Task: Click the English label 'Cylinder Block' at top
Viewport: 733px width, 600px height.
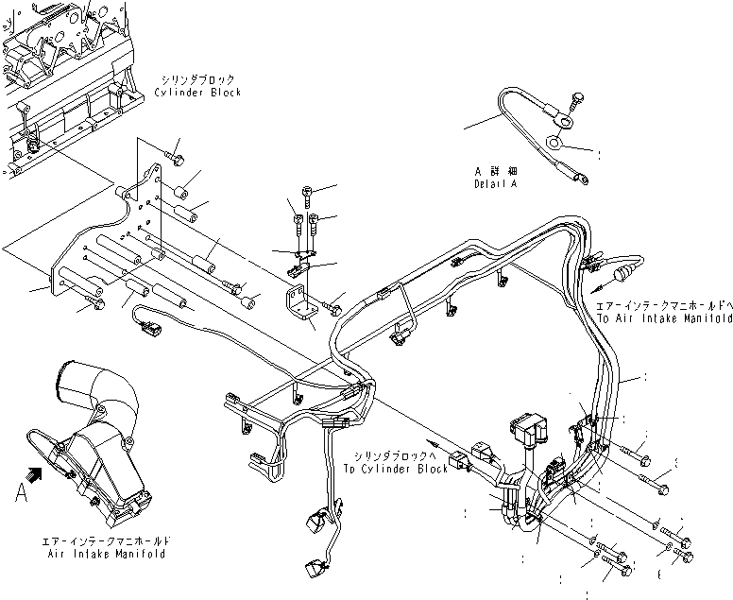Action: [x=197, y=93]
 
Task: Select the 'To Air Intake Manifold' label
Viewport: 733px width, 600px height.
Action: [x=664, y=319]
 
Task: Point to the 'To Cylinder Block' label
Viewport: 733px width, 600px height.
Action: [x=395, y=469]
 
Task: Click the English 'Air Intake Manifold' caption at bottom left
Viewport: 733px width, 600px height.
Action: [x=105, y=555]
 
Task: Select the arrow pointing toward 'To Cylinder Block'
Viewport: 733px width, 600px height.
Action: [x=433, y=441]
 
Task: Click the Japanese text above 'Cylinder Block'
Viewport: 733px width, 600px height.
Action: [x=197, y=80]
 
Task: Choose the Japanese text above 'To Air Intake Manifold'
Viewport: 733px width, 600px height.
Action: [x=664, y=307]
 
